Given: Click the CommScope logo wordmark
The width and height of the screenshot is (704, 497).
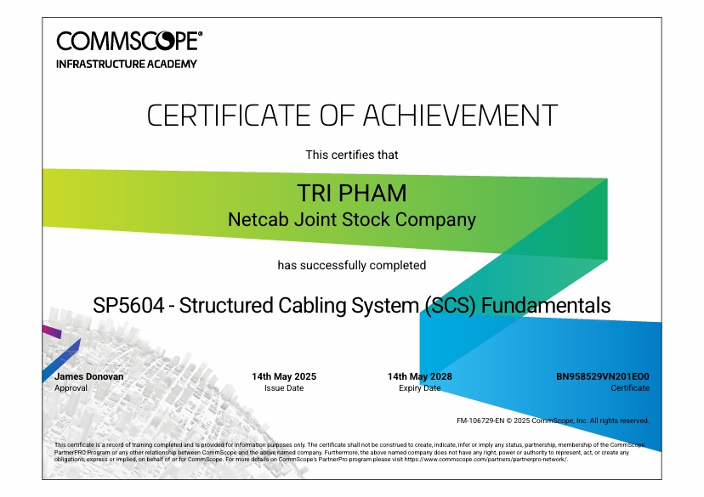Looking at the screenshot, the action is (x=129, y=41).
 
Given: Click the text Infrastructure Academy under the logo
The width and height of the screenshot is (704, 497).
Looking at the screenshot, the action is (x=127, y=65).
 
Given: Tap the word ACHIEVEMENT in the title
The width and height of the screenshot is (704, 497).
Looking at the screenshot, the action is (x=460, y=116).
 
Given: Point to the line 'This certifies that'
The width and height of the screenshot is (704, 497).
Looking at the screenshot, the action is (x=352, y=155).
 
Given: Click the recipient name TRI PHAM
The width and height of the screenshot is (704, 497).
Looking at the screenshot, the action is (x=352, y=194).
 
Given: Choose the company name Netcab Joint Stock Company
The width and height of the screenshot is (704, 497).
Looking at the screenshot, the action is (x=352, y=220).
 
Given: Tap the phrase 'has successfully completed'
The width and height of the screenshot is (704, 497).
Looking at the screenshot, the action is (x=352, y=265).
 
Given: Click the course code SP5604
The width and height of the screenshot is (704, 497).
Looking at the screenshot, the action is (x=128, y=306).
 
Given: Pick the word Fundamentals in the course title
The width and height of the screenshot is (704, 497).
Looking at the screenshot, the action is (x=546, y=306).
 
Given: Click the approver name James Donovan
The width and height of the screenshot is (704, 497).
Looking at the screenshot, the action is (x=89, y=376).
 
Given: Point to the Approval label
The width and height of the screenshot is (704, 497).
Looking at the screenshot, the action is (x=71, y=388).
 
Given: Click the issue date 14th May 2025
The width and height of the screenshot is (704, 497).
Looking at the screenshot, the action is (x=284, y=376).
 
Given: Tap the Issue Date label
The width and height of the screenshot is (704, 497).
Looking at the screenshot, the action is (x=284, y=388).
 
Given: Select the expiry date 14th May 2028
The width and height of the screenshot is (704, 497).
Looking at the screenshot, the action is (x=420, y=376).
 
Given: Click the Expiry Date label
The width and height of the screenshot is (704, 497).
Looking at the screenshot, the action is (x=420, y=388).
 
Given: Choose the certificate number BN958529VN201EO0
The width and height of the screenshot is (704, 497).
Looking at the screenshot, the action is (x=603, y=376).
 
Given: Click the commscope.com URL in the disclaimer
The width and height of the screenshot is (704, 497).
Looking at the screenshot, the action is (x=485, y=460).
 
